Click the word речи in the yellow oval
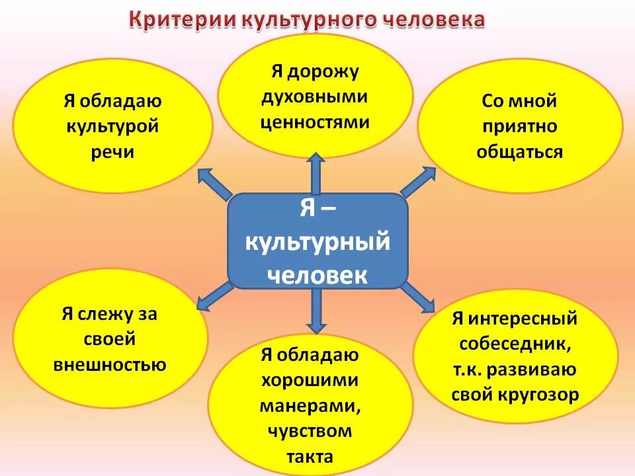pyautogui.click(x=113, y=151)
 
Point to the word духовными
pyautogui.click(x=314, y=97)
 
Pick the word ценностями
pyautogui.click(x=315, y=122)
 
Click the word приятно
pyautogui.click(x=519, y=127)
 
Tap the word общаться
pyautogui.click(x=519, y=152)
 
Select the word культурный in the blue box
pyautogui.click(x=317, y=242)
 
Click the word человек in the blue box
pyautogui.click(x=317, y=273)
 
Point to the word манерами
pyautogui.click(x=310, y=406)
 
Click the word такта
pyautogui.click(x=310, y=456)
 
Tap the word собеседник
pyautogui.click(x=515, y=344)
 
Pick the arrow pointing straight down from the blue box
pyautogui.click(x=317, y=311)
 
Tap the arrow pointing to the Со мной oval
pyautogui.click(x=419, y=182)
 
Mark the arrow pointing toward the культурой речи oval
pyautogui.click(x=215, y=182)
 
